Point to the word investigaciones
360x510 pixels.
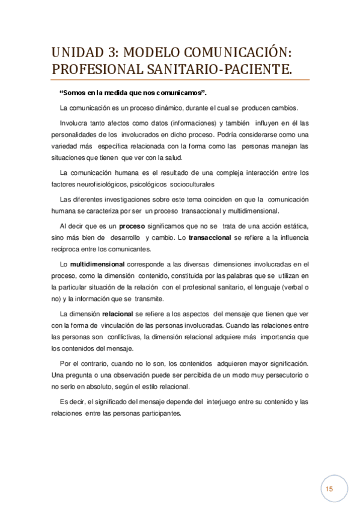point(131,199)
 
